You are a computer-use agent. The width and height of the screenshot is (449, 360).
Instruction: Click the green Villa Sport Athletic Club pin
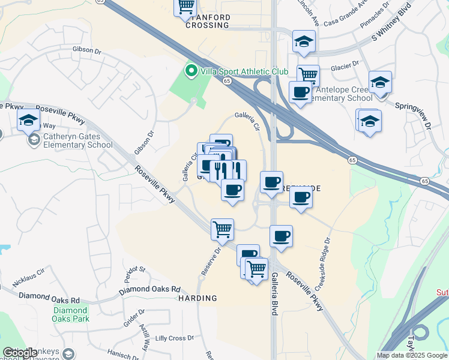click(x=191, y=71)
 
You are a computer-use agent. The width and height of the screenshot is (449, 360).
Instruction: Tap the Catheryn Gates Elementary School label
click(x=77, y=140)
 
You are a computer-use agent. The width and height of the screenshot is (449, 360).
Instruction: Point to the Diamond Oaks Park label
click(x=71, y=314)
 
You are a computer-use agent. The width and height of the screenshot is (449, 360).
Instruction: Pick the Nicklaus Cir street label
click(x=25, y=272)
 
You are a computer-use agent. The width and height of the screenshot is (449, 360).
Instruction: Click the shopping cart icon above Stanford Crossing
click(x=186, y=7)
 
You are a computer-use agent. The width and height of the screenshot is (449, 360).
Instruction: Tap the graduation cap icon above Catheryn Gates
click(x=28, y=119)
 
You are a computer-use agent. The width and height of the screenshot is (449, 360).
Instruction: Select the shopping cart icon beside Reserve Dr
click(x=222, y=229)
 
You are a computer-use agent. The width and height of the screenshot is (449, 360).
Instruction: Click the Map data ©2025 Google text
click(x=412, y=355)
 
